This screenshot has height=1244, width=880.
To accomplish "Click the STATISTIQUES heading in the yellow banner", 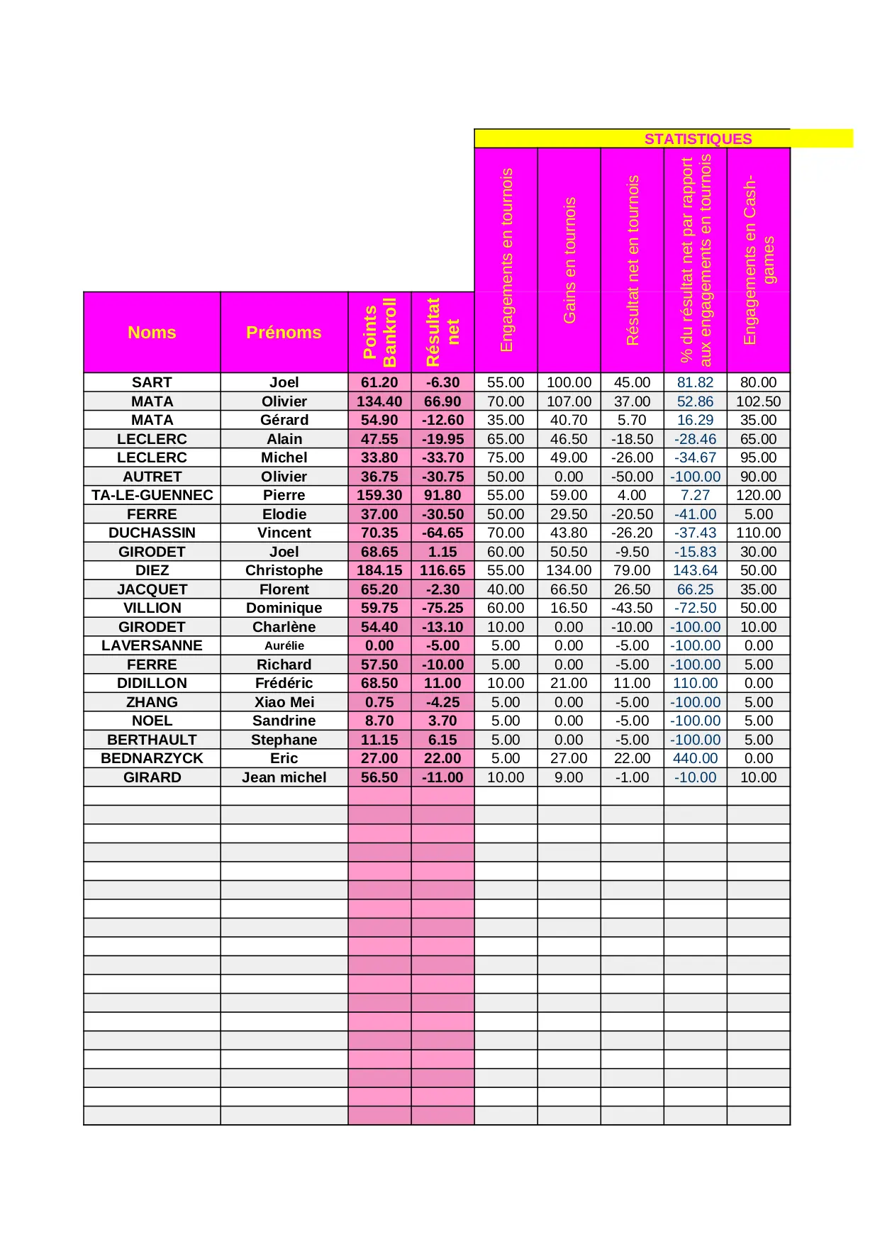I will [698, 139].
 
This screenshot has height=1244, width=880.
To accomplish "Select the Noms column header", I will [152, 333].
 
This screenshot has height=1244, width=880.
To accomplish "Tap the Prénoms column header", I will [284, 333].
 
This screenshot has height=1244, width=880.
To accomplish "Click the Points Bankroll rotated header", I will [379, 332].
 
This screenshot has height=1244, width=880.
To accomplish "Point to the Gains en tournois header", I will [569, 260].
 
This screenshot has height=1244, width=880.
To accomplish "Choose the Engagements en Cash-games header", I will [759, 260].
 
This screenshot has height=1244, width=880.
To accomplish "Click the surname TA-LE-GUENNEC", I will [152, 495].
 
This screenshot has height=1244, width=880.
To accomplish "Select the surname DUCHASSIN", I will [152, 533].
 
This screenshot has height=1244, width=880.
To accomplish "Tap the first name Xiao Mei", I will [284, 702].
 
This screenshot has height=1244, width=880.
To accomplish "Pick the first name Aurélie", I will [284, 645].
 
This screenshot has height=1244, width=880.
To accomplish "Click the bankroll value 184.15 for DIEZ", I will [379, 570].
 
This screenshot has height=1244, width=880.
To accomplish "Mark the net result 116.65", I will [442, 570].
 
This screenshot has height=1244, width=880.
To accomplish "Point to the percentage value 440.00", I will [695, 758].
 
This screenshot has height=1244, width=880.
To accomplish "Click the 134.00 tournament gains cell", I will [569, 570].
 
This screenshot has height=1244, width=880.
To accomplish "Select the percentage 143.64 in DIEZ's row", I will [695, 570].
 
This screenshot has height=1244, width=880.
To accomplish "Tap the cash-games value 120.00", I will [758, 495].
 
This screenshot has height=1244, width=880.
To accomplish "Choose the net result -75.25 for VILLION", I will [442, 608].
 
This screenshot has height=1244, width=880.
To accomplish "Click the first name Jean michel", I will [284, 777].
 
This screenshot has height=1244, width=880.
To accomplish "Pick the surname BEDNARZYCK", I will [152, 758].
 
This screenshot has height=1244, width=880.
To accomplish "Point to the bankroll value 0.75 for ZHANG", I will [379, 702].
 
